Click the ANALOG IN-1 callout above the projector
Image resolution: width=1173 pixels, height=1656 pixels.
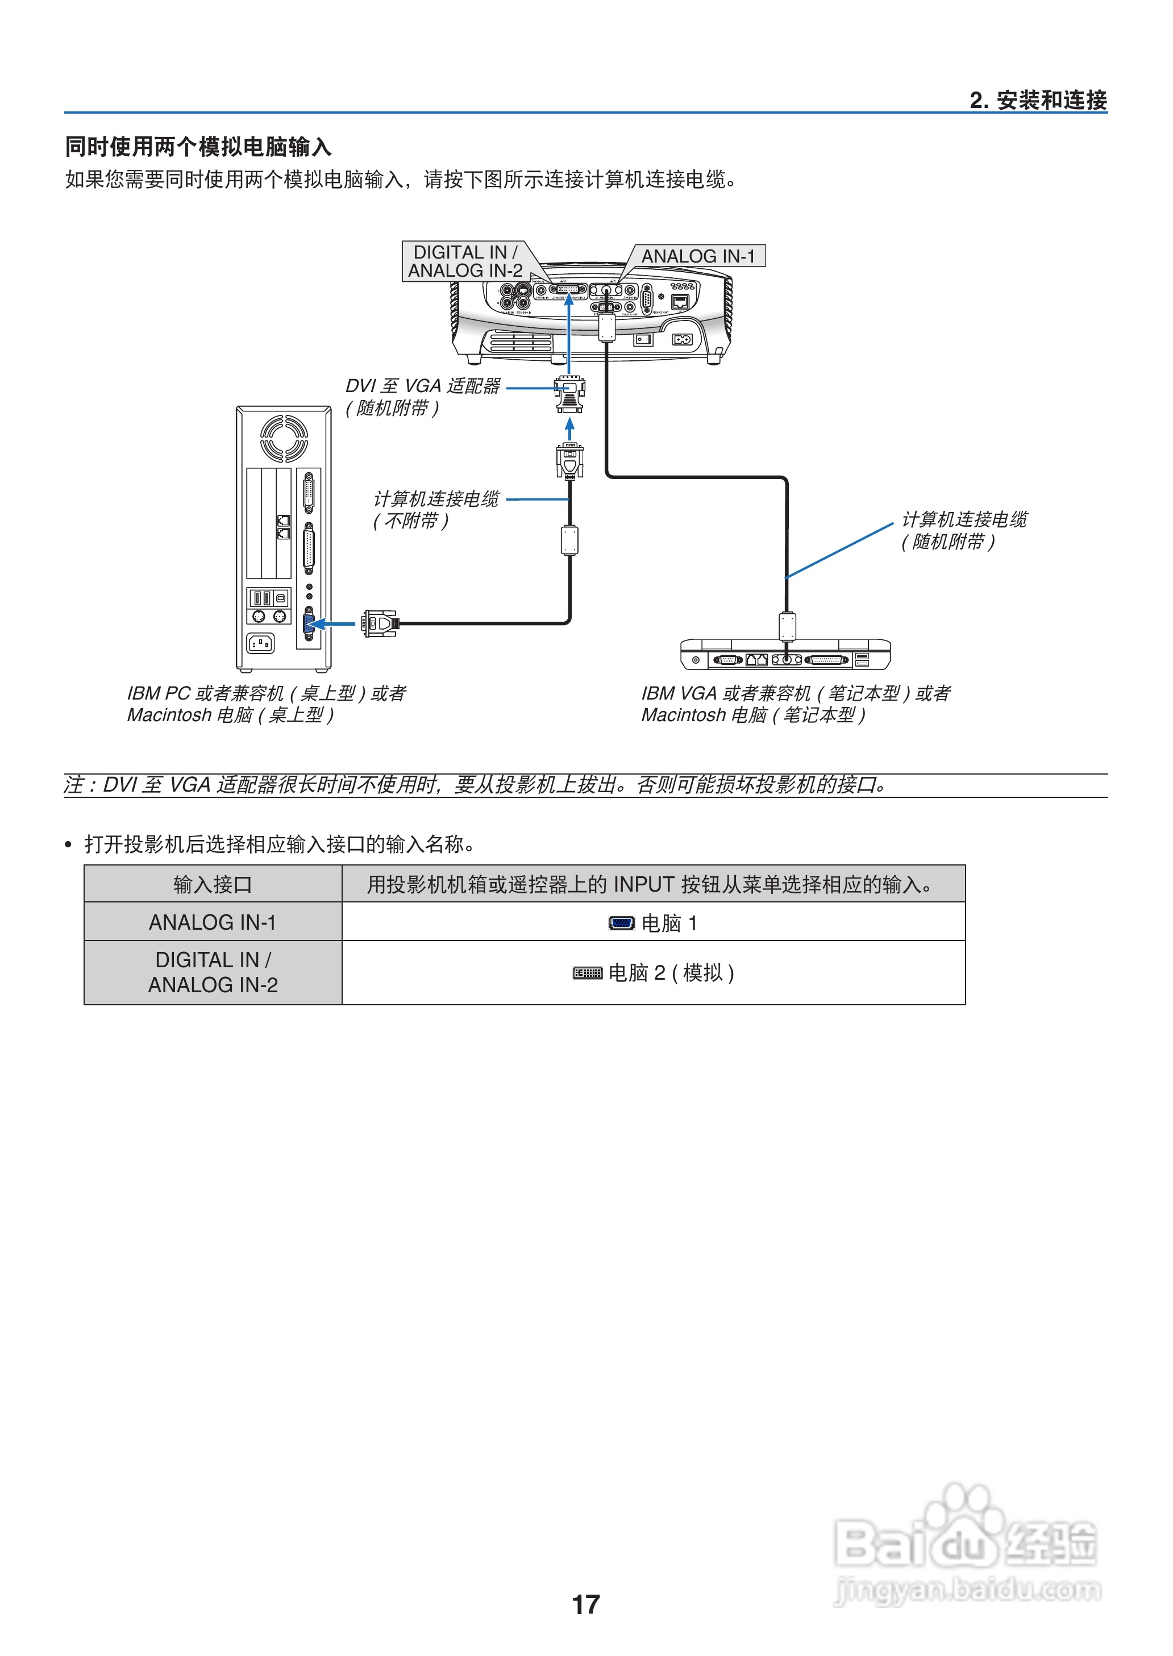pyautogui.click(x=698, y=256)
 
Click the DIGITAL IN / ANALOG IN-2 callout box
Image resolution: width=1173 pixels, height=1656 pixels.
pyautogui.click(x=465, y=261)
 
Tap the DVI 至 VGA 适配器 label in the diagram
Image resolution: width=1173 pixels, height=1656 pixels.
pyautogui.click(x=422, y=386)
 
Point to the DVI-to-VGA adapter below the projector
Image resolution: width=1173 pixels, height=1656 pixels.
pyautogui.click(x=570, y=394)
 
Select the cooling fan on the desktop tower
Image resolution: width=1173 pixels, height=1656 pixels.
pyautogui.click(x=284, y=438)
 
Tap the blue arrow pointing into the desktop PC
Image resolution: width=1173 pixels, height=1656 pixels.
pyautogui.click(x=335, y=623)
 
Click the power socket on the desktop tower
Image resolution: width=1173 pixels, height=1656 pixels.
pyautogui.click(x=261, y=643)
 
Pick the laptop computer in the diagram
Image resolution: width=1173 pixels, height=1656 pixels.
pyautogui.click(x=785, y=654)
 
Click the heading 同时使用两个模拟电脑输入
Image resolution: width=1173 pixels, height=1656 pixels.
pyautogui.click(x=199, y=147)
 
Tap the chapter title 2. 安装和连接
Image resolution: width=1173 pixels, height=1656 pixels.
pyautogui.click(x=1038, y=101)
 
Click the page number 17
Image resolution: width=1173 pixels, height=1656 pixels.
pyautogui.click(x=586, y=1605)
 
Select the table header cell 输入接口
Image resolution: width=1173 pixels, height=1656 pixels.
pyautogui.click(x=213, y=885)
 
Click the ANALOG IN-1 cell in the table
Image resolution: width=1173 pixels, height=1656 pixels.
pyautogui.click(x=213, y=922)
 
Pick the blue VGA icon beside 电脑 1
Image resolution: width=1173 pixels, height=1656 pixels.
pyautogui.click(x=621, y=923)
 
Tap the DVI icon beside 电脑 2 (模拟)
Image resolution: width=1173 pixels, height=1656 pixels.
pyautogui.click(x=587, y=973)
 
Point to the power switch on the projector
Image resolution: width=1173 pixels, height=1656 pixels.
pyautogui.click(x=643, y=339)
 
